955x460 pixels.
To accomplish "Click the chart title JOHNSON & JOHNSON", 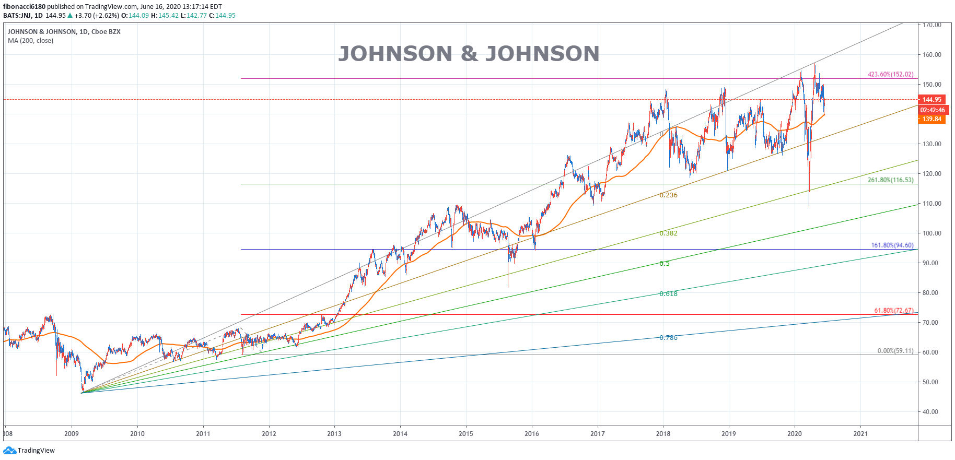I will point(469,54).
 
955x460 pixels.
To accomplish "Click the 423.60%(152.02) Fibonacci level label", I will point(890,75).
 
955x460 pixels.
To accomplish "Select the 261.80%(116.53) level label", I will point(890,180).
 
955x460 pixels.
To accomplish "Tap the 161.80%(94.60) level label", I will point(892,245).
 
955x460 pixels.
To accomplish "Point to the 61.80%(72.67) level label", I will point(893,311).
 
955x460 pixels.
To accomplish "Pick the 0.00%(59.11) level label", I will point(895,351).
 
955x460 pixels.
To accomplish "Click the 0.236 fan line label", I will point(668,195).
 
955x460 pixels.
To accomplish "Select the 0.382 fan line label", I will point(668,233).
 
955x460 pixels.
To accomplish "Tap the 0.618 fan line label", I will point(668,294).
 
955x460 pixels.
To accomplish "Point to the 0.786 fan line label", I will point(668,338).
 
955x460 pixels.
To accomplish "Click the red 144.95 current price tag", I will point(931,100).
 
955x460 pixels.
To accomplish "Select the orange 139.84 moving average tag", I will point(931,119).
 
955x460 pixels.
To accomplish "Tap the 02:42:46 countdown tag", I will point(932,110).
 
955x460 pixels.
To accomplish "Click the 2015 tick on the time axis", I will point(465,434).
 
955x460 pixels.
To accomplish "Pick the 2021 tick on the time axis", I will point(860,434).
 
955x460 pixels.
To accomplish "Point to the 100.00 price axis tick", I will point(931,233).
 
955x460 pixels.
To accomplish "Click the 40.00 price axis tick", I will point(930,412).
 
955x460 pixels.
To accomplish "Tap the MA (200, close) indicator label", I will point(30,41).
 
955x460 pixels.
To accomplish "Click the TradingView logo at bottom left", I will point(29,451).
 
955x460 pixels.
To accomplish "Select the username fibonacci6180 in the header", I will point(24,7).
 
